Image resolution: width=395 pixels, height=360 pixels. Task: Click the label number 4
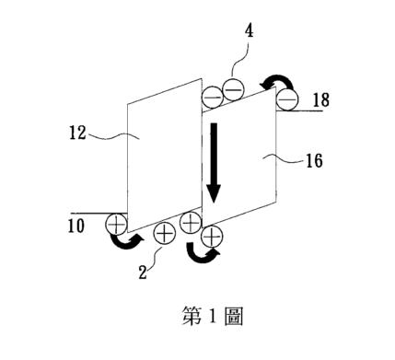pyautogui.click(x=250, y=31)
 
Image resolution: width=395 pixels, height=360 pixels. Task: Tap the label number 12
pyautogui.click(x=77, y=133)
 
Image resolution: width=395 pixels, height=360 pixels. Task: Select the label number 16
pyautogui.click(x=315, y=161)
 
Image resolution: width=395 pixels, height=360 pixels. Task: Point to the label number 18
pyautogui.click(x=321, y=100)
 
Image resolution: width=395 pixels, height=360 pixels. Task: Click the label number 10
pyautogui.click(x=76, y=226)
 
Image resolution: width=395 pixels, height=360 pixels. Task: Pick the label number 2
pyautogui.click(x=143, y=273)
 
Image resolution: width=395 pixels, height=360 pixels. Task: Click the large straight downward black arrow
pyautogui.click(x=214, y=163)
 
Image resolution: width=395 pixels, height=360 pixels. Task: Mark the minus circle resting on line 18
pyautogui.click(x=287, y=99)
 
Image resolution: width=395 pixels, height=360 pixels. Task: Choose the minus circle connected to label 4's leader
pyautogui.click(x=233, y=89)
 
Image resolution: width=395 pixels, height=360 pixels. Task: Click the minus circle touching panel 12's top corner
pyautogui.click(x=212, y=98)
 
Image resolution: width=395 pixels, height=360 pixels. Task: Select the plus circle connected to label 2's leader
pyautogui.click(x=164, y=234)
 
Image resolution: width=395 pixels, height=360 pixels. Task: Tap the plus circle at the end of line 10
pyautogui.click(x=116, y=225)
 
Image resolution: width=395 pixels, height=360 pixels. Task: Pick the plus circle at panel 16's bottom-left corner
pyautogui.click(x=212, y=236)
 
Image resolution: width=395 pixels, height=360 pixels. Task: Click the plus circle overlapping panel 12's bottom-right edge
pyautogui.click(x=191, y=223)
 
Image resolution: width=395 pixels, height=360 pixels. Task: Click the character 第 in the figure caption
pyautogui.click(x=192, y=316)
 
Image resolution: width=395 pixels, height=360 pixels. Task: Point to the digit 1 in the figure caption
pyautogui.click(x=213, y=316)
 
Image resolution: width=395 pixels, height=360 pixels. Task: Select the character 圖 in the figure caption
pyautogui.click(x=234, y=316)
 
